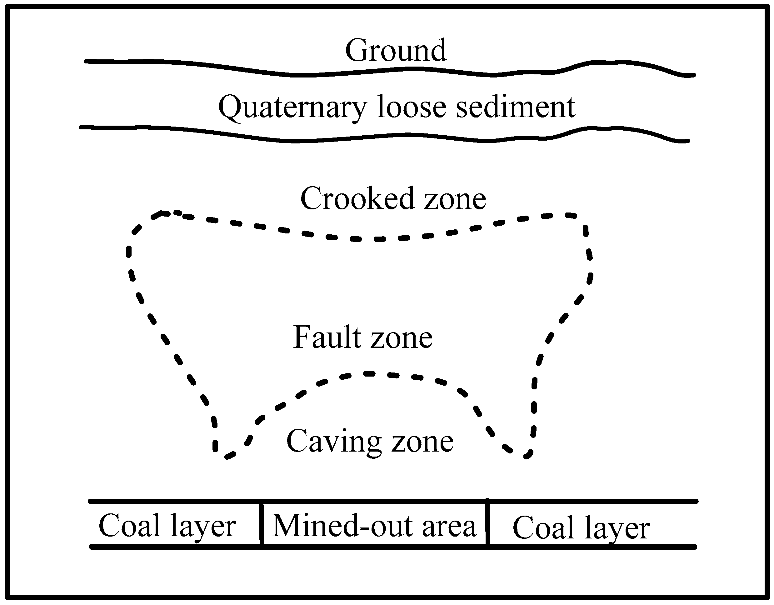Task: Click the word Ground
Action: click(396, 50)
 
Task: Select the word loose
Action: click(412, 106)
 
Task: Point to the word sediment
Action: click(516, 106)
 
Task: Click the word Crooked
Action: click(357, 198)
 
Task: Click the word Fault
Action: click(327, 337)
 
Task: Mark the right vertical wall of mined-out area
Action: click(488, 524)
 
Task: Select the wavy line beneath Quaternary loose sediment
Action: click(385, 138)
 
